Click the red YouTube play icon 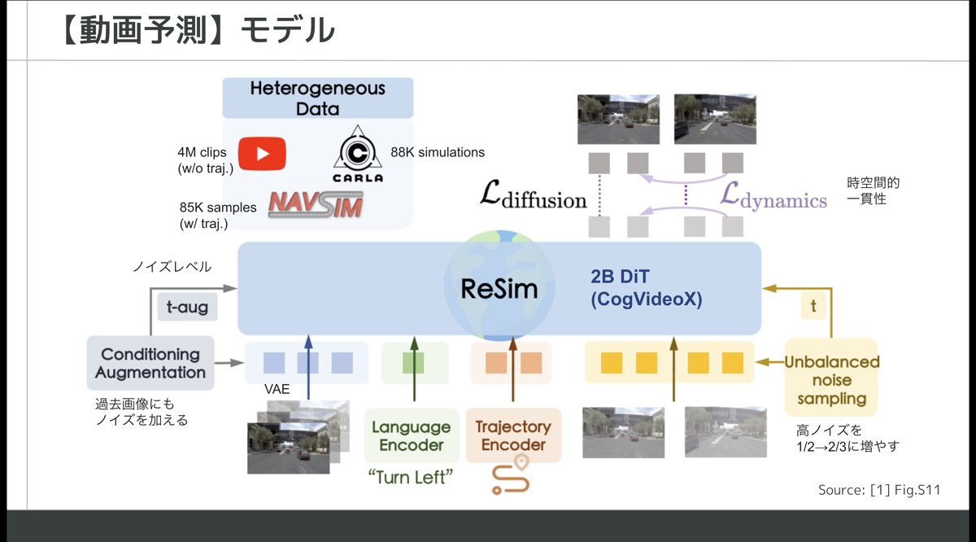pos(262,154)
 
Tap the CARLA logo pos(358,154)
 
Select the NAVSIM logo pos(316,204)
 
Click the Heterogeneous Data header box pos(318,98)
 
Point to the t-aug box pos(187,307)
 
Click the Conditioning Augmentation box pos(150,363)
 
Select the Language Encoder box pos(412,435)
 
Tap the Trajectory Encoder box pos(513,435)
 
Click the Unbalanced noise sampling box pos(831,378)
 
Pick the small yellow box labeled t pos(813,306)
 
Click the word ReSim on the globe pos(499,289)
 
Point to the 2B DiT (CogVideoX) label pos(646,288)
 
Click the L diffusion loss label pos(534,195)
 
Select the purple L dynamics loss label pos(773,195)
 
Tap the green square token pos(413,363)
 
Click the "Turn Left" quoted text pos(411,478)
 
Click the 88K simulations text pos(438,152)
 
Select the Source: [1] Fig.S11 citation pos(879,490)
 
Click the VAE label pos(277,389)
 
